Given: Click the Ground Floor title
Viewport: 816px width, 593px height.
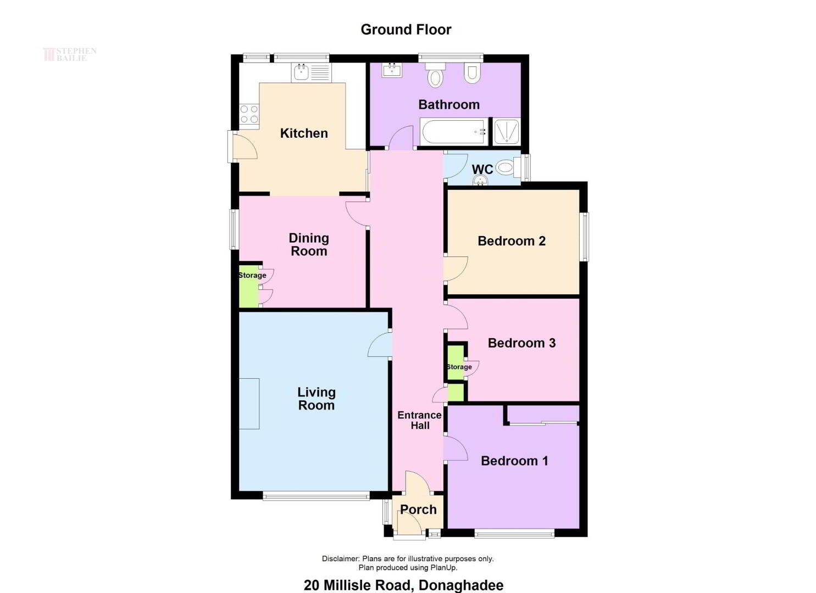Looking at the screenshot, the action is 406,30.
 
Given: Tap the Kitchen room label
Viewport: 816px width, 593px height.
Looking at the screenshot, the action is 304,133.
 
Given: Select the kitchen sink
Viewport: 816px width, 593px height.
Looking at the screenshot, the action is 312,73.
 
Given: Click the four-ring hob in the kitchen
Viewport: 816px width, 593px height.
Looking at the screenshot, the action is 249,114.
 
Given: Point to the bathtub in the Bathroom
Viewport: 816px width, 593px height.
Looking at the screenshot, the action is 454,131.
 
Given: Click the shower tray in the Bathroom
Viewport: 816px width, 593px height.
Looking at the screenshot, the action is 506,131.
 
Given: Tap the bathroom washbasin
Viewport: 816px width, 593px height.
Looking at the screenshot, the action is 392,70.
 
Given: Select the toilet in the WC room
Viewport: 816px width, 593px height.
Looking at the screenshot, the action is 508,167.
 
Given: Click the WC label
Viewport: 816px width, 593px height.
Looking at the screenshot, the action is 482,169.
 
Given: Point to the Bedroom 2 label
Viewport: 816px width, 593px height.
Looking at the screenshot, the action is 512,241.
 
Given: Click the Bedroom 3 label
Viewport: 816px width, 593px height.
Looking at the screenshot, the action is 521,343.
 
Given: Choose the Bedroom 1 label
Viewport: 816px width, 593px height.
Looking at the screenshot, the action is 514,461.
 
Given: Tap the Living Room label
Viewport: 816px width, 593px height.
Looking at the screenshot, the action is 316,399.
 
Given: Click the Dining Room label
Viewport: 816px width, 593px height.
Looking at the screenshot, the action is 309,245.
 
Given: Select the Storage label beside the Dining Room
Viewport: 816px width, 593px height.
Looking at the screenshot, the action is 252,275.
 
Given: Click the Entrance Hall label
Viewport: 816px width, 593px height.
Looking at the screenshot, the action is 419,420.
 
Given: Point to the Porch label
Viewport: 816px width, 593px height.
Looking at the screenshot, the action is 418,510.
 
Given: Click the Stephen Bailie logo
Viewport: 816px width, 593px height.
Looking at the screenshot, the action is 70,54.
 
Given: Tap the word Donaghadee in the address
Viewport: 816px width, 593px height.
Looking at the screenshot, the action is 461,585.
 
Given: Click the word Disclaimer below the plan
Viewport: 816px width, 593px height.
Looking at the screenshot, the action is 341,558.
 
